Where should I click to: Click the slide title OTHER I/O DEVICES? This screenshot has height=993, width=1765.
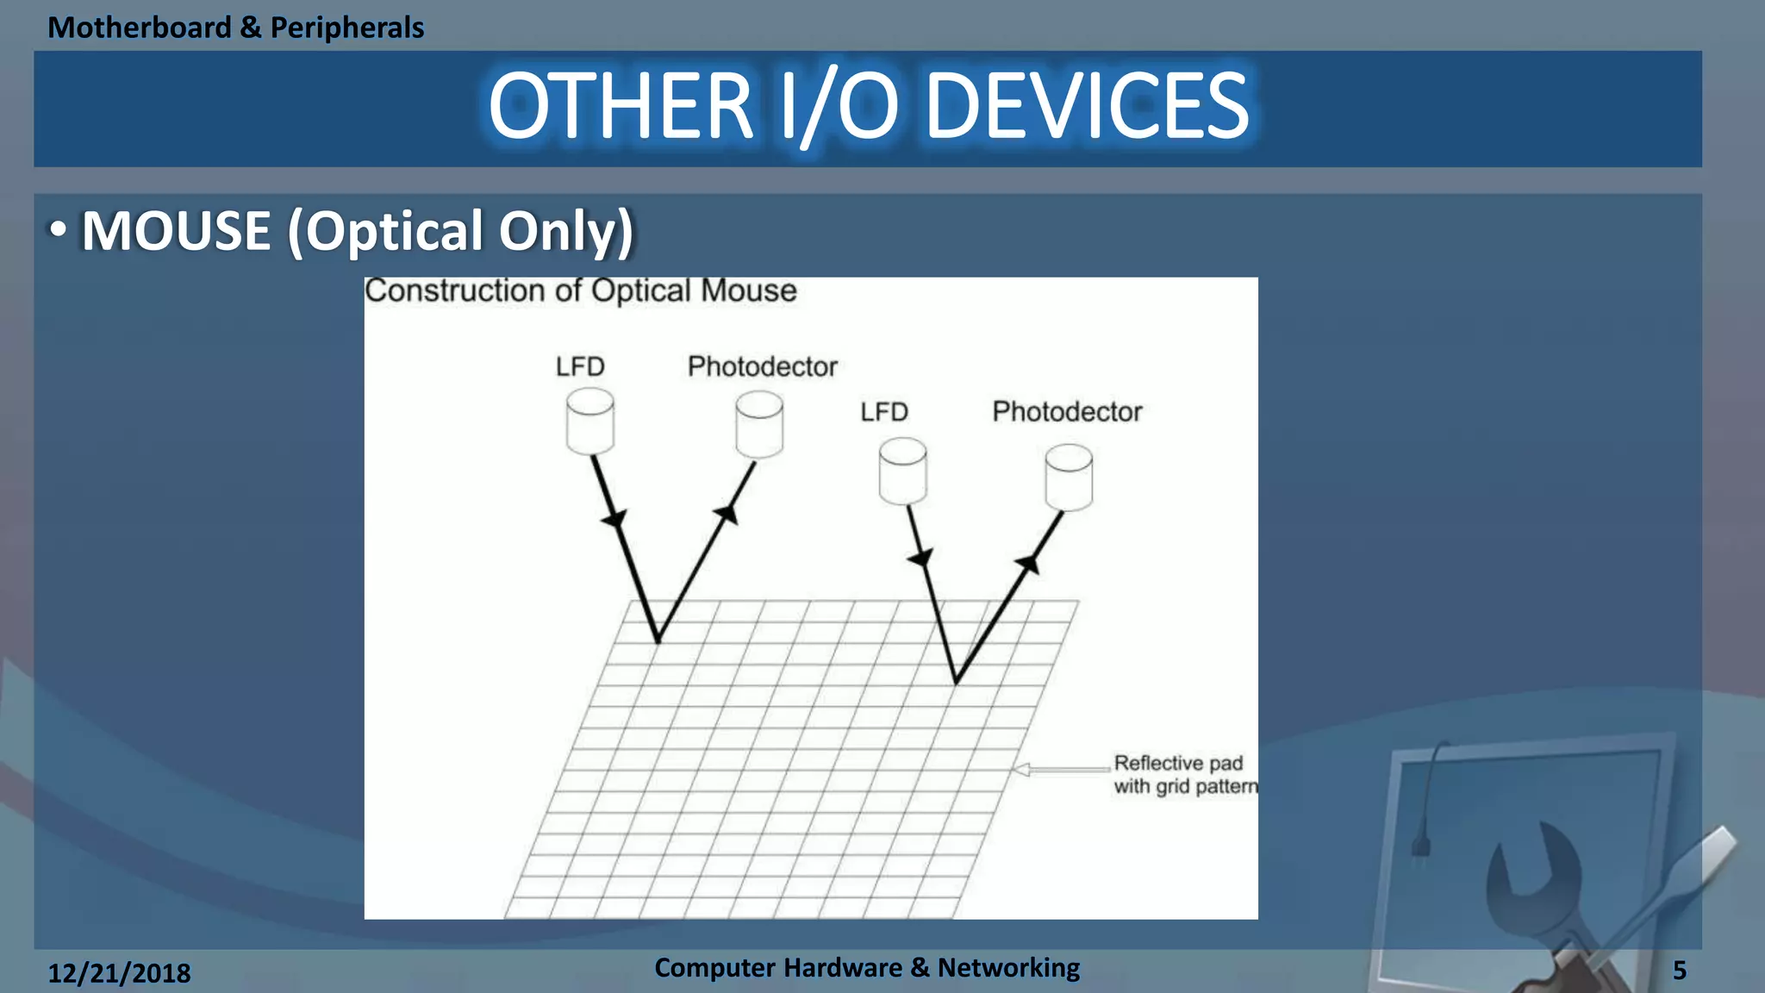coord(868,106)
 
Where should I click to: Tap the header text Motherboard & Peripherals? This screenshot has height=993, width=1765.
coord(235,28)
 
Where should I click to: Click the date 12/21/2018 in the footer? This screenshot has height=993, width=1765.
coord(119,973)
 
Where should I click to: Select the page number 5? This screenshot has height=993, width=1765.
coord(1679,971)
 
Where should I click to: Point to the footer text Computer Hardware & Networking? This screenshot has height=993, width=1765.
coord(866,967)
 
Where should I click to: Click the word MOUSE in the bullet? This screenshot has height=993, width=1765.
coord(176,231)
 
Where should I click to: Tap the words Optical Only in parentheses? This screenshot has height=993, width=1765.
coord(461,231)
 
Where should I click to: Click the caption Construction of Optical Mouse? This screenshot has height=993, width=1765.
coord(580,290)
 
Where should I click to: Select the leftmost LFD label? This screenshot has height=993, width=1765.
coord(580,367)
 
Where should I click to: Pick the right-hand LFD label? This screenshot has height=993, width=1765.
coord(883,412)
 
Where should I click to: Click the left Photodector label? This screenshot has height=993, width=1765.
coord(762,367)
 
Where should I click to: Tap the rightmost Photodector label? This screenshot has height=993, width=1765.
coord(1066,412)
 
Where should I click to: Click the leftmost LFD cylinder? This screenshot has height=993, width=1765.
coord(590,422)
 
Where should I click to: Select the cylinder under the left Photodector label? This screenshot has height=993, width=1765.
coord(759,425)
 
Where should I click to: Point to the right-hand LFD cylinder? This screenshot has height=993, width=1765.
coord(902,472)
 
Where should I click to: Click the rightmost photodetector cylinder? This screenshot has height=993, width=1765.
coord(1069,478)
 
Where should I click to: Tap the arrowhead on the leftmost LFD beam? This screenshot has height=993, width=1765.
coord(614,519)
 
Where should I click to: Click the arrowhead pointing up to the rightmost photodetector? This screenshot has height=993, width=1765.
coord(1028,565)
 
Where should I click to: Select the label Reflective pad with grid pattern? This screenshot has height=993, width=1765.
coord(1183,774)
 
